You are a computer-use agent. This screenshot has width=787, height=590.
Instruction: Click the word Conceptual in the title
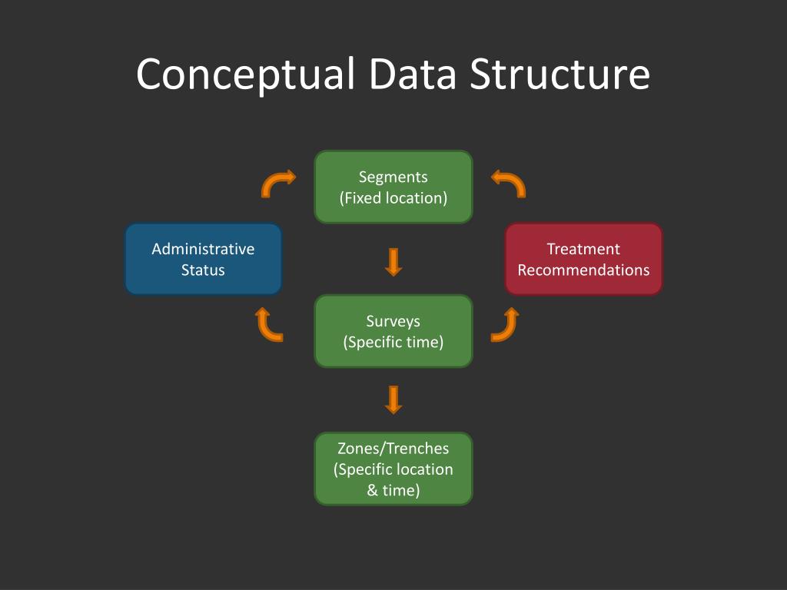(245, 75)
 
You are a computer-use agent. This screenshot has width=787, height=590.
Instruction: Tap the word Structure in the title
(560, 75)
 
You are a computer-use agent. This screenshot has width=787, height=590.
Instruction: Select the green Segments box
(393, 187)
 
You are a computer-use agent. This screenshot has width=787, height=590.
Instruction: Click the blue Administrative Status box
(203, 259)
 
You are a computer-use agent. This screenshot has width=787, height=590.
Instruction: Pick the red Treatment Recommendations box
(583, 259)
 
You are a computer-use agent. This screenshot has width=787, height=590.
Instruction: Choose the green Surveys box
(393, 331)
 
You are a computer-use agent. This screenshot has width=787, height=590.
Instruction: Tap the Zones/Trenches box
(393, 469)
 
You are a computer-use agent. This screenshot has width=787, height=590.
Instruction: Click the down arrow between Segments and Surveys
(393, 261)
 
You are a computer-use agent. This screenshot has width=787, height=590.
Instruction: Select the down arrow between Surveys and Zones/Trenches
(393, 399)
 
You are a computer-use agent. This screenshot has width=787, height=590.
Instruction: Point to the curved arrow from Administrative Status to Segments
(277, 183)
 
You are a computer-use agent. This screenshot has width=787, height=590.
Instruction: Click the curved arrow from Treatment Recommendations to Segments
(509, 183)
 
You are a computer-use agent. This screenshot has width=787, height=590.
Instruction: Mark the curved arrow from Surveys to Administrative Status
(268, 324)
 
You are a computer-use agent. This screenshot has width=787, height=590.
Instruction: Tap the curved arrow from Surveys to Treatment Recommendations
(506, 324)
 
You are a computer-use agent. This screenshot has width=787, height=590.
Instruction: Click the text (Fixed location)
(393, 197)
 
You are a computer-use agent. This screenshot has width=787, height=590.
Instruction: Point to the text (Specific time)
(393, 342)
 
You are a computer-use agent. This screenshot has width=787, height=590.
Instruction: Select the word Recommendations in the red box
(583, 270)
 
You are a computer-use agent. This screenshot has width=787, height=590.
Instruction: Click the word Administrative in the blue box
(203, 249)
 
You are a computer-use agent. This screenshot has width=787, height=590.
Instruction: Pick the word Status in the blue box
(203, 270)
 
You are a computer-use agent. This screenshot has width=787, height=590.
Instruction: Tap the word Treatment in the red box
(583, 249)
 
